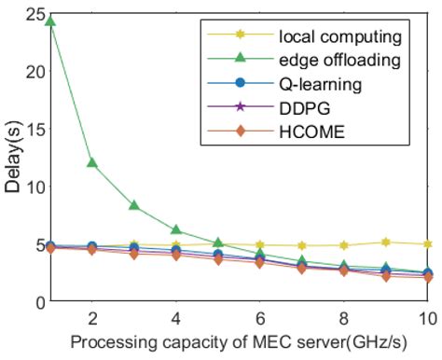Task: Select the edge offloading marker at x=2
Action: point(91,162)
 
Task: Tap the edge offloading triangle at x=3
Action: point(134,205)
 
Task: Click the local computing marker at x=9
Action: point(386,242)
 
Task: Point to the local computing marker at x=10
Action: point(428,244)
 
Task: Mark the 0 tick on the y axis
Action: point(35,302)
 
